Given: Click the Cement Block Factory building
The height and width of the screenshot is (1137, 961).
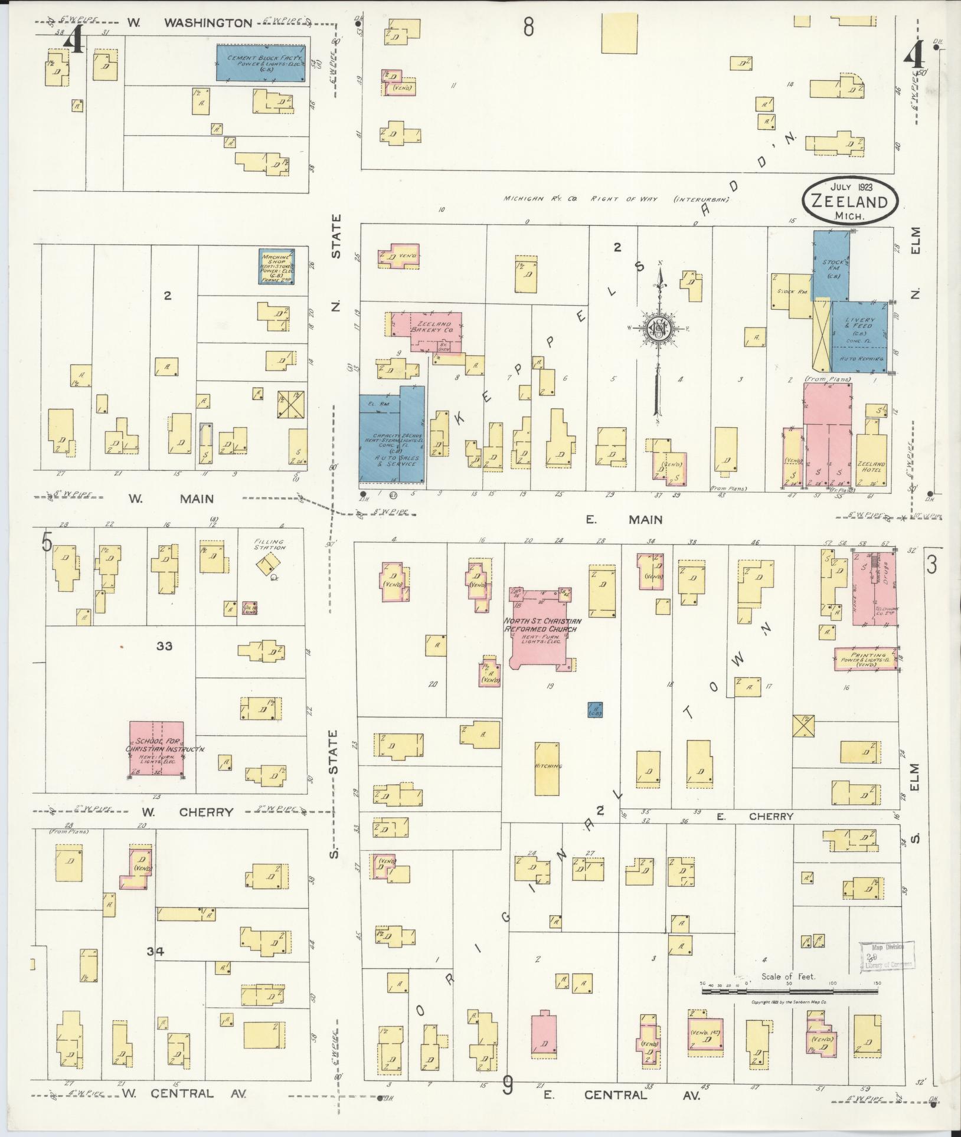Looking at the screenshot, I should pos(260,63).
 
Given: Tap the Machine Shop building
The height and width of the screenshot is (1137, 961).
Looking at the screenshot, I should pos(276,266).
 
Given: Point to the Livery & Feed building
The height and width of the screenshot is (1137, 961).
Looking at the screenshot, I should pos(859,336).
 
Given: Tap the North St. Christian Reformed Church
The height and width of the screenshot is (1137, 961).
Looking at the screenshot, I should pos(542,628).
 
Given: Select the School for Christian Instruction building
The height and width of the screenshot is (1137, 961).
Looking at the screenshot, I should pos(156,748).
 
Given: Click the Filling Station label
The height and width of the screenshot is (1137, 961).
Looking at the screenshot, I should pos(269,543).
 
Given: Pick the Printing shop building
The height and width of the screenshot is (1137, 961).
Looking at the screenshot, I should pos(865,658).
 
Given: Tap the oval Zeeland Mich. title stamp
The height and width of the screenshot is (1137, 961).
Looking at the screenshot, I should pos(849,202).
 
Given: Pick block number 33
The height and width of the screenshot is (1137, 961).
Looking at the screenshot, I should pos(164,645).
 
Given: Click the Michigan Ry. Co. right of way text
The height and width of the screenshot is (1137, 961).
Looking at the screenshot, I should pos(616,199).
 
